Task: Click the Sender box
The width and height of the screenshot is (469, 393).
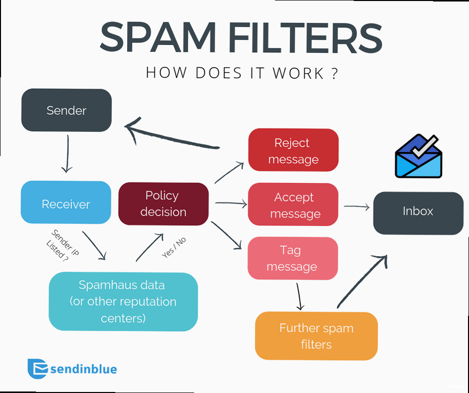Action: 66,110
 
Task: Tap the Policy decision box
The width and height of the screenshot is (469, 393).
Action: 163,203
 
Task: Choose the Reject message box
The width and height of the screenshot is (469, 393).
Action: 293,150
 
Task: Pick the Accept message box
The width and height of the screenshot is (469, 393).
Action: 293,204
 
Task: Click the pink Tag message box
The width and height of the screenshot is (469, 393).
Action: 292,258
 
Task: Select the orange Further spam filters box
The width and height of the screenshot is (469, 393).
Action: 316,336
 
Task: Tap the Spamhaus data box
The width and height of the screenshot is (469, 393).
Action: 123,301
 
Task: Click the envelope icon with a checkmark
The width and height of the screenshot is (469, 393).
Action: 419,157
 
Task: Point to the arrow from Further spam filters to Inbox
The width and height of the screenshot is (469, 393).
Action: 362,280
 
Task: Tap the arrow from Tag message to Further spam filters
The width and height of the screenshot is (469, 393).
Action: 299,297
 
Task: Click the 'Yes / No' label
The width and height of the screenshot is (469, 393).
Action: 174,247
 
